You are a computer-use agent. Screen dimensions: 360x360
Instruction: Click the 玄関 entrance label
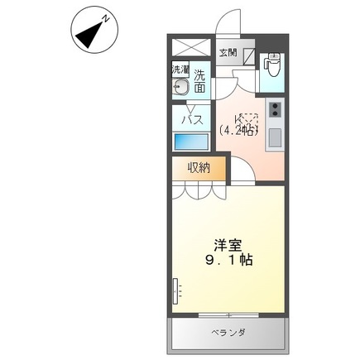228,54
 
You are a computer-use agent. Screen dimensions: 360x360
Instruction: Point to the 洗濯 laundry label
180,71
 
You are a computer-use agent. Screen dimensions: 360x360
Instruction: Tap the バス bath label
192,119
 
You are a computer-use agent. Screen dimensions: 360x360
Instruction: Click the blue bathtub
191,141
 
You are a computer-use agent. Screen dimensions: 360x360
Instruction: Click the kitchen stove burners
274,109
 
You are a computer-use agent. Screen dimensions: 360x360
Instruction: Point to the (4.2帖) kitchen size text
239,130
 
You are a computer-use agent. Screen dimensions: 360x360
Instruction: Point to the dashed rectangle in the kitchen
250,119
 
